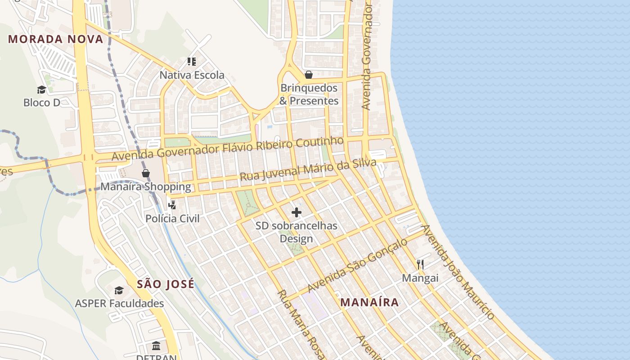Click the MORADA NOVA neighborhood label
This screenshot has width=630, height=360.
tap(56, 39)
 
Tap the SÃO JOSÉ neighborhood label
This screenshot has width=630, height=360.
tap(166, 284)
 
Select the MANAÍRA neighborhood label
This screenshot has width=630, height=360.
tap(369, 302)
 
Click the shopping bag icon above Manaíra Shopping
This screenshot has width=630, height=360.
tap(146, 173)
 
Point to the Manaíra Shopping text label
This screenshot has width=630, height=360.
tap(145, 186)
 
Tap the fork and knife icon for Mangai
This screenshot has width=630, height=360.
tap(420, 264)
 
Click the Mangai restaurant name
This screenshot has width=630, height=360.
tap(420, 278)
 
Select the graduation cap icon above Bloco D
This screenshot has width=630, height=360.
tap(42, 90)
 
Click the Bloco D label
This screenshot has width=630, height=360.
tap(42, 103)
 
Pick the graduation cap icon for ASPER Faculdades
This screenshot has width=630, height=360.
tap(119, 290)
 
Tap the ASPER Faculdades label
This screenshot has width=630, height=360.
tap(119, 304)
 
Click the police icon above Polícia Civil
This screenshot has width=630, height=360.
tap(172, 205)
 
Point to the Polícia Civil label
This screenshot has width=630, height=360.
tap(172, 219)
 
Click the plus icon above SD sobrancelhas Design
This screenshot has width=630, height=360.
tap(297, 212)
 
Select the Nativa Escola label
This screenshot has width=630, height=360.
tap(192, 75)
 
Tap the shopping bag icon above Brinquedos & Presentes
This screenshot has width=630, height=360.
tap(309, 75)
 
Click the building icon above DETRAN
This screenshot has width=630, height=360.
tap(156, 346)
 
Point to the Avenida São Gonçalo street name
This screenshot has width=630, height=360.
tap(357, 265)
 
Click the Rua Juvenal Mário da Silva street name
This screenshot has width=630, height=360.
tap(308, 170)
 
